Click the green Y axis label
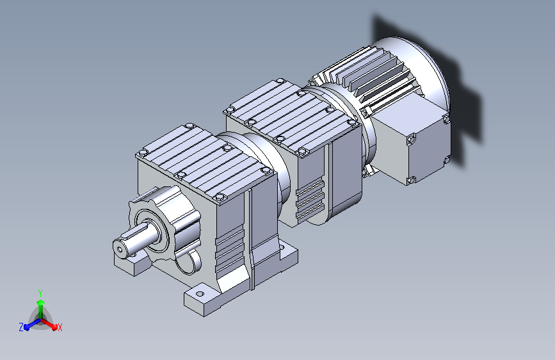pyautogui.click(x=40, y=293)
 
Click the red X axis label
pyautogui.click(x=60, y=328)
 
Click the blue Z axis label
pyautogui.click(x=21, y=327)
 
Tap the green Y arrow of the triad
pyautogui.click(x=41, y=309)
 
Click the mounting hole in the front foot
pyautogui.click(x=200, y=294)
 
